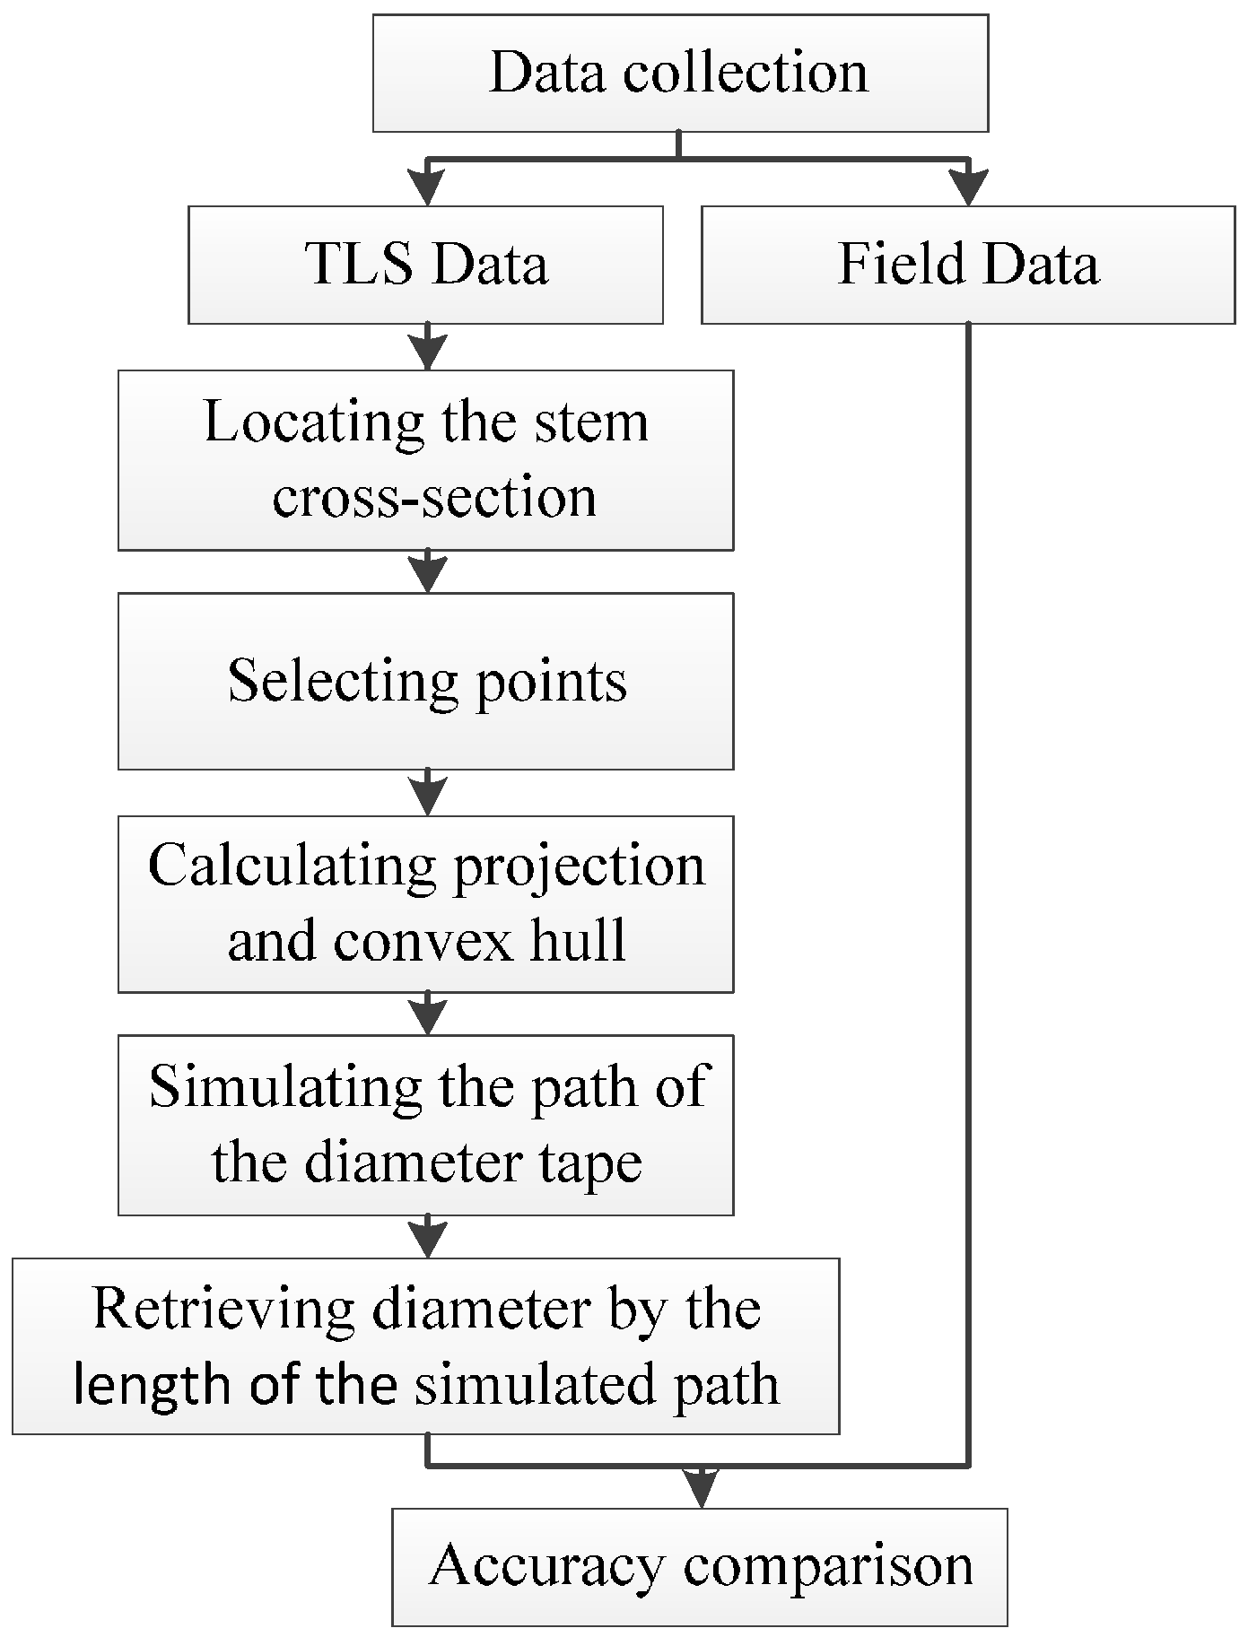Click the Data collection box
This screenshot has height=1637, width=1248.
pos(679,74)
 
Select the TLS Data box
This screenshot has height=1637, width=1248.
pos(425,265)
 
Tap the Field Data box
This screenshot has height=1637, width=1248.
pos(967,265)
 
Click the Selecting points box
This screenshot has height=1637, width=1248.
pos(425,681)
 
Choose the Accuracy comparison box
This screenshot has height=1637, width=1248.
pos(700,1566)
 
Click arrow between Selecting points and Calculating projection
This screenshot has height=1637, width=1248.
pos(429,793)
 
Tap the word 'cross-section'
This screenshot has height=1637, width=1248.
pos(434,497)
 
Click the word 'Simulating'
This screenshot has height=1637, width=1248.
pos(285,1087)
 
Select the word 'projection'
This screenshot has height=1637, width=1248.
pos(579,867)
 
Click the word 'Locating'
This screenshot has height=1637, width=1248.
pos(314,422)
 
